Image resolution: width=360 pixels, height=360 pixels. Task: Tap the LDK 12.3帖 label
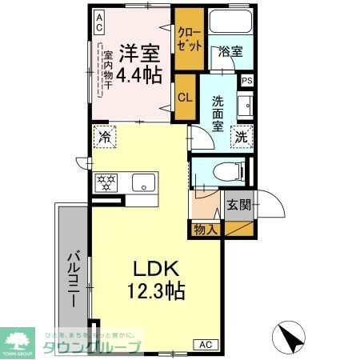pos(156,279)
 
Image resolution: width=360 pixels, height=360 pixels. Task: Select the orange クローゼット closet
pos(189,39)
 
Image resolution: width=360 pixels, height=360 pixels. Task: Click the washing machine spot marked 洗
pos(242,136)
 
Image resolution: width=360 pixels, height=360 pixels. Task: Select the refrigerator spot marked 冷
pos(103,136)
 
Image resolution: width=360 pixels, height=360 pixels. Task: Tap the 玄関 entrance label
pos(238,204)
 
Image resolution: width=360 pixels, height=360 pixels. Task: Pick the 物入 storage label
pos(206,230)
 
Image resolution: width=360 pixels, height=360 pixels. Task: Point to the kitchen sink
pos(142,182)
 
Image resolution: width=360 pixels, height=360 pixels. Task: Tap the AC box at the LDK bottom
pos(203,344)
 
